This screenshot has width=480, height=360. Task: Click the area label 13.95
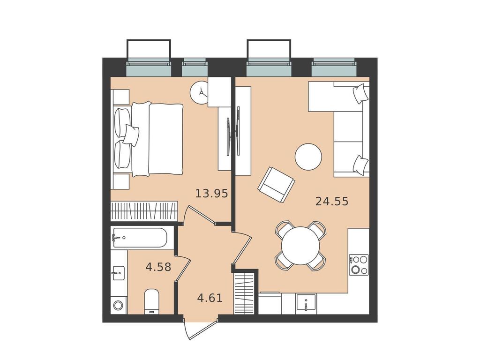[212, 193]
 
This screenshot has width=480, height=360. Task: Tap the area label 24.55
[332, 202]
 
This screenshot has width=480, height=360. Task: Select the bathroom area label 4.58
[158, 268]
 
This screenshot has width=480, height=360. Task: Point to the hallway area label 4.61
[209, 297]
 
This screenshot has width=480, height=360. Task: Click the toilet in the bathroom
[152, 300]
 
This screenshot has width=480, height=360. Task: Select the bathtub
[139, 238]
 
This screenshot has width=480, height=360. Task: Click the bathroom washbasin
[118, 271]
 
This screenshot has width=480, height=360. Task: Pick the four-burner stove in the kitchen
[359, 265]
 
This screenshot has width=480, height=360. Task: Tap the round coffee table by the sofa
[308, 157]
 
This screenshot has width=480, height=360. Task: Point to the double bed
[149, 139]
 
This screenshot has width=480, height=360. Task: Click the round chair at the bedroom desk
[199, 92]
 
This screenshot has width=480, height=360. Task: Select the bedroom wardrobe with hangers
[144, 211]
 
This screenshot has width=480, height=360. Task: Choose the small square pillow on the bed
[131, 135]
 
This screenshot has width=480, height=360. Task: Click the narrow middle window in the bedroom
[194, 68]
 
